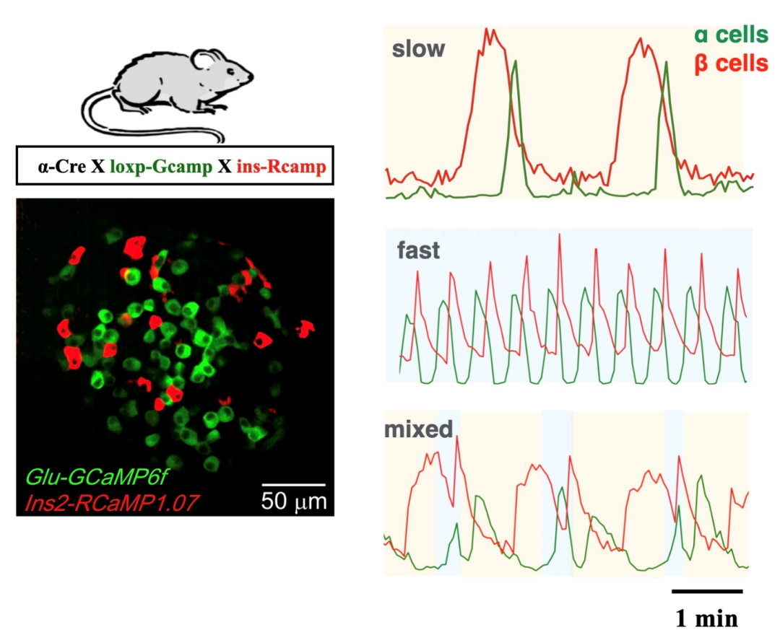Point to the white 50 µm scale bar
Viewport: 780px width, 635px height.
[293, 483]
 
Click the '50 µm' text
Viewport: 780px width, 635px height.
[293, 500]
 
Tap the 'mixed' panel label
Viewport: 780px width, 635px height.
[418, 430]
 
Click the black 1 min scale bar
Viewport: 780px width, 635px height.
[707, 592]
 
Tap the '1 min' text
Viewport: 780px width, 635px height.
[707, 618]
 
